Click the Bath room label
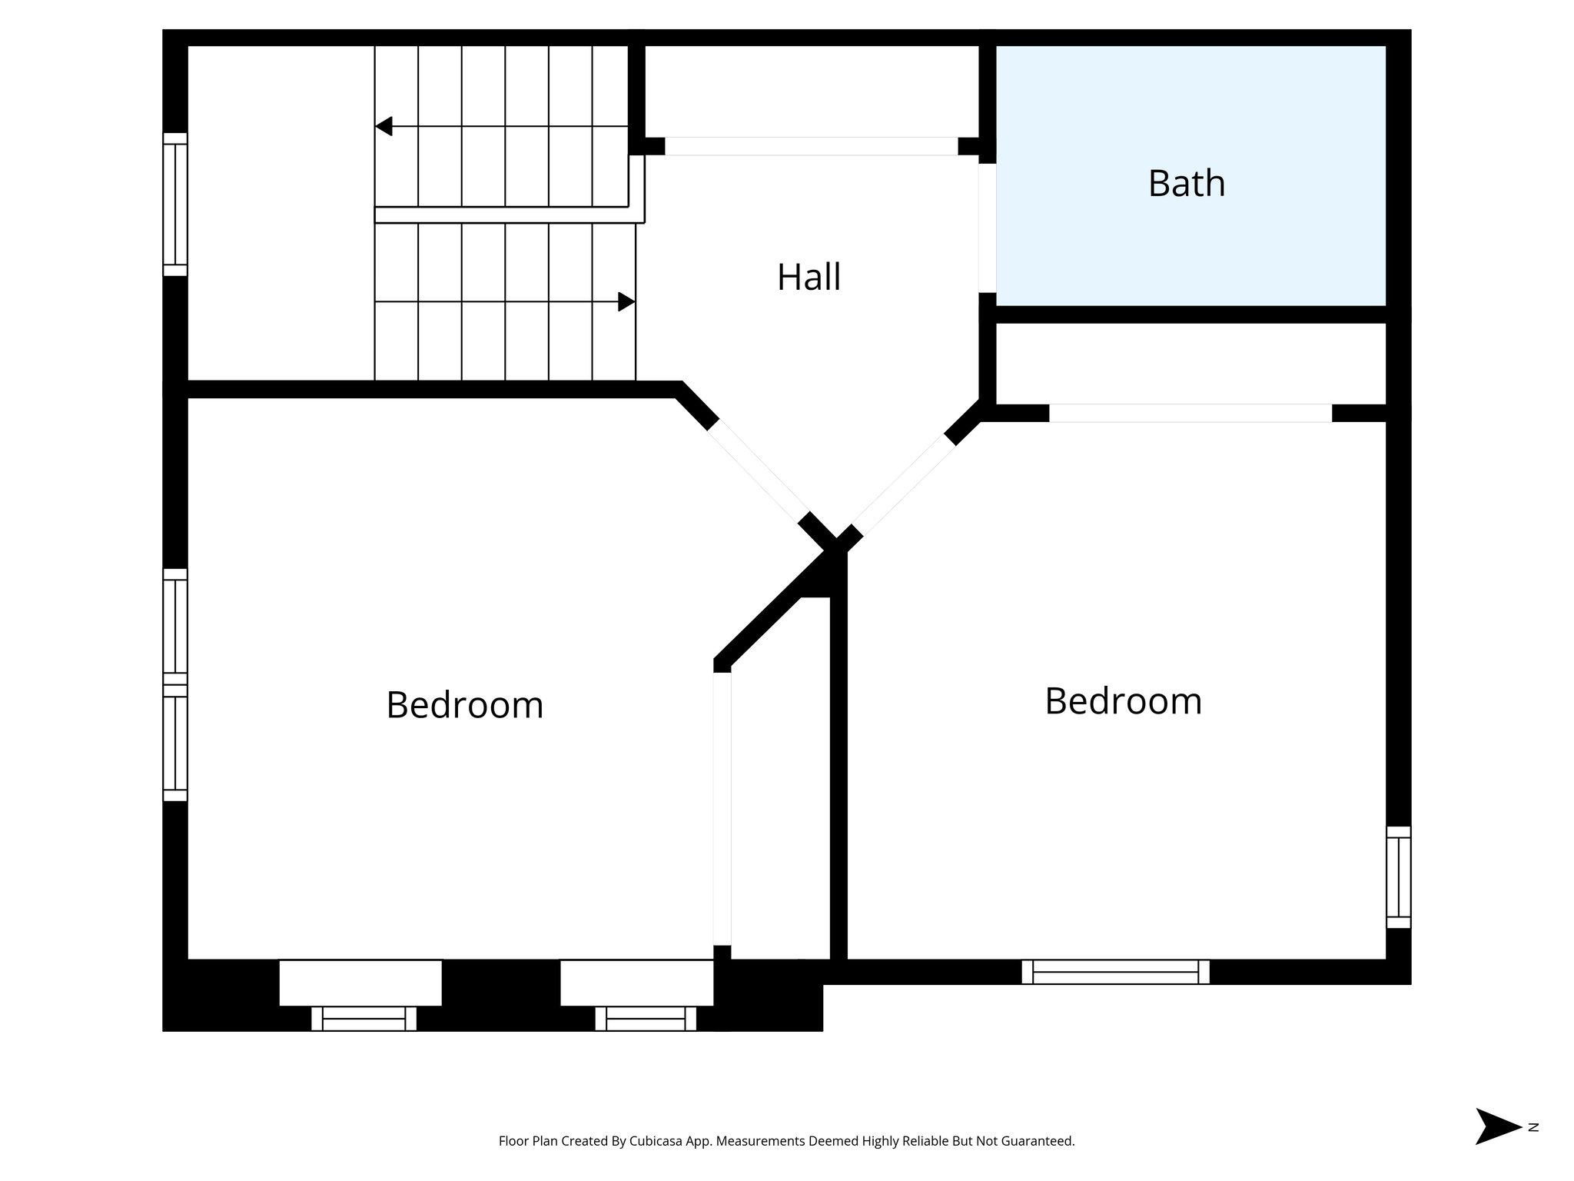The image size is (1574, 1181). (x=1186, y=184)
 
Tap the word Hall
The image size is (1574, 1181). (x=809, y=277)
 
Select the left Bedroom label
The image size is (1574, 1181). (x=464, y=704)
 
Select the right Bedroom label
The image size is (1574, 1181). (x=1123, y=701)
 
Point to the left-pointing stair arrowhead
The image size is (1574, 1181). (x=384, y=126)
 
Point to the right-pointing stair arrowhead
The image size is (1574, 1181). (x=626, y=301)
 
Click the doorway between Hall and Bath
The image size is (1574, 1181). (x=988, y=228)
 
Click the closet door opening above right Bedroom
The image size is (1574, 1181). (x=1190, y=413)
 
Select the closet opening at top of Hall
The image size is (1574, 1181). (x=811, y=146)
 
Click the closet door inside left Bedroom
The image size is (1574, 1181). (x=722, y=808)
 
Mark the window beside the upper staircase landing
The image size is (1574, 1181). (x=175, y=205)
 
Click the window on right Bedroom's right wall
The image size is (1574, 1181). (x=1398, y=877)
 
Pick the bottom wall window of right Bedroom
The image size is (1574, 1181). (x=1115, y=972)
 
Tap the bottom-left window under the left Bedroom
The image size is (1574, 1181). (x=364, y=1019)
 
